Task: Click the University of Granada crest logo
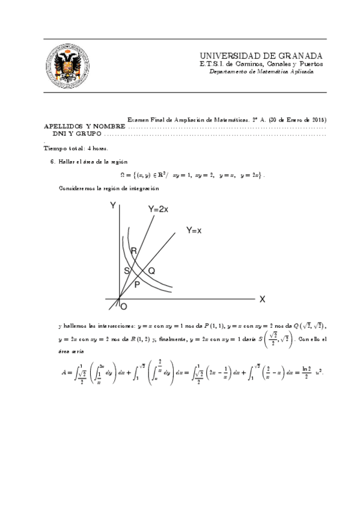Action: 67,65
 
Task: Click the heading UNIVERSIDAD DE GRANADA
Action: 261,55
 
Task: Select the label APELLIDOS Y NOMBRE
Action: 85,127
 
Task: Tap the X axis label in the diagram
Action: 262,299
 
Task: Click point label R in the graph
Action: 133,250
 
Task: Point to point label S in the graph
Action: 127,271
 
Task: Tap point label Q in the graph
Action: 151,271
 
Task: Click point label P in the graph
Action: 137,284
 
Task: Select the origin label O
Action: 124,307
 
